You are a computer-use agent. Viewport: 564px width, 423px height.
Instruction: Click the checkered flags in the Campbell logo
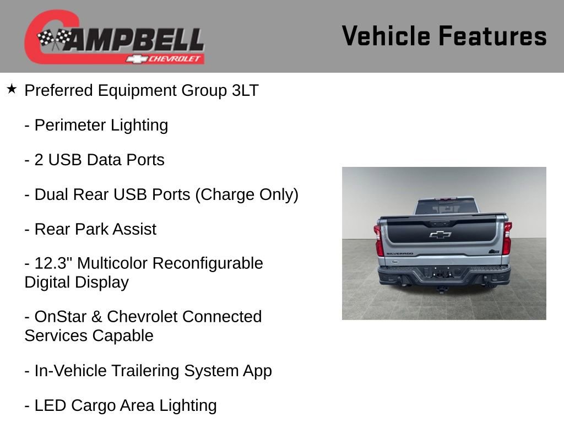55,39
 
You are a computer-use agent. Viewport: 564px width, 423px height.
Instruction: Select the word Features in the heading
493,36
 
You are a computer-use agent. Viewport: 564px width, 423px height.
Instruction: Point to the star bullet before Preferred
12,89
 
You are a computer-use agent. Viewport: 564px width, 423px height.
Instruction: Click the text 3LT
245,90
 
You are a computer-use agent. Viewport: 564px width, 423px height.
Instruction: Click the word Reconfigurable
208,263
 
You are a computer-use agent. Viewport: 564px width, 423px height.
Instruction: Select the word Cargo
94,405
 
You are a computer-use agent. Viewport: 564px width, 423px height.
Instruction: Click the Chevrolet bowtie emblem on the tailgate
441,235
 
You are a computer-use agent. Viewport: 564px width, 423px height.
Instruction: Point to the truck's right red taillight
506,238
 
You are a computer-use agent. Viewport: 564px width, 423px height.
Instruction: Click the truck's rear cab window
445,207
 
